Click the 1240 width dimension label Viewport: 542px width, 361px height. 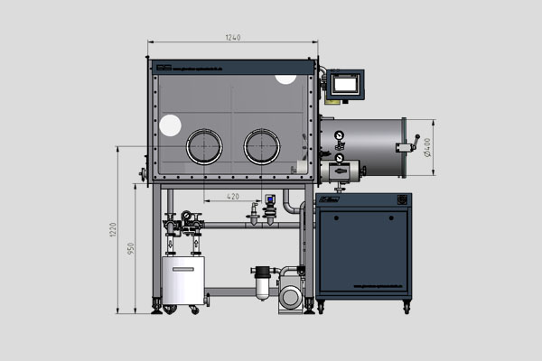232,37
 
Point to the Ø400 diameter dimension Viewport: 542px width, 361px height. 426,142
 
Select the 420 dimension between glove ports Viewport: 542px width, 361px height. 233,196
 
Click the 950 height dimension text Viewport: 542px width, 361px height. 131,249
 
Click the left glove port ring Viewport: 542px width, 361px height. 204,145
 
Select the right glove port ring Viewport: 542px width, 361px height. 261,145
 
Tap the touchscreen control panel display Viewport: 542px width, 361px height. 346,85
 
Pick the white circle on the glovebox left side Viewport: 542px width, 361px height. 170,126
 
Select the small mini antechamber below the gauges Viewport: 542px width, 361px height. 344,170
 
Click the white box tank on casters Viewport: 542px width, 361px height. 182,281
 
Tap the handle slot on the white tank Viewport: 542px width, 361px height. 182,267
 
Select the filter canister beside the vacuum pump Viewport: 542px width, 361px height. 263,282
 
